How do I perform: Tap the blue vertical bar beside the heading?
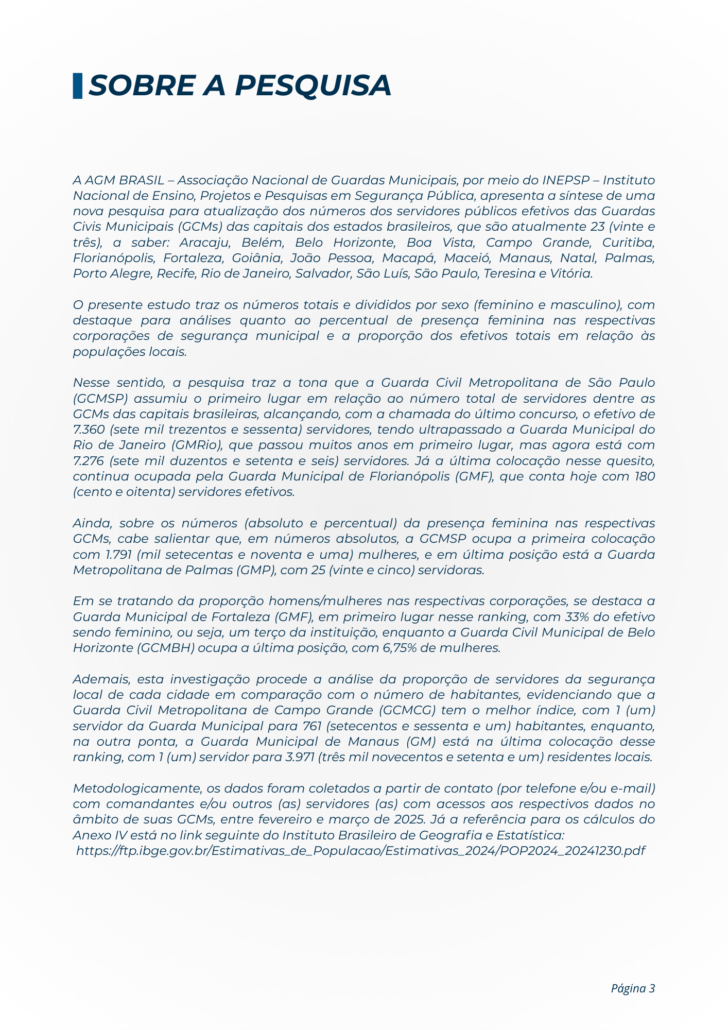pos(77,85)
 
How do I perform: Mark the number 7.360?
pos(89,430)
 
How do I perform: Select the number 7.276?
pos(89,460)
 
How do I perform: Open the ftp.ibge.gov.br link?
pos(360,851)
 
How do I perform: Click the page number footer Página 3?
pos(633,988)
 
